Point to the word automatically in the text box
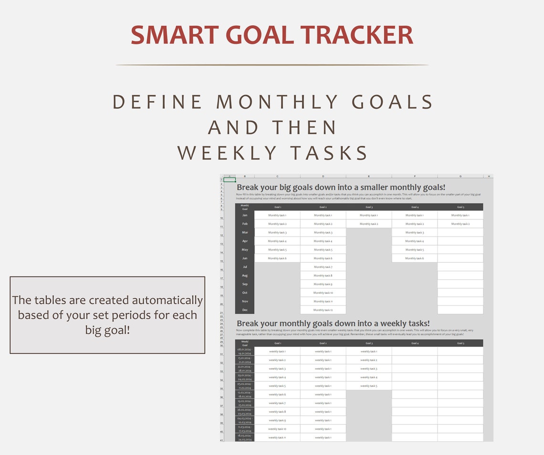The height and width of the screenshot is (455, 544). click(167, 300)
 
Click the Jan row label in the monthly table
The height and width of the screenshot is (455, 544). click(245, 215)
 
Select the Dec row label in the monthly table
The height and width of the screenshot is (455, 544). click(245, 310)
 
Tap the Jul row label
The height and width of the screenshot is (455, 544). click(245, 267)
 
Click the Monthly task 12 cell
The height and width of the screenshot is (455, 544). click(323, 310)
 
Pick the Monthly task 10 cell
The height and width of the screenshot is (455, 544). click(323, 293)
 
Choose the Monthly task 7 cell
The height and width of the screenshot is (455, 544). click(323, 267)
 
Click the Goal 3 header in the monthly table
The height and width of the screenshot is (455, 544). click(369, 207)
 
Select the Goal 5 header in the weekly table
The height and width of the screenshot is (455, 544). click(460, 343)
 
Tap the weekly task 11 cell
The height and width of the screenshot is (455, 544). click(277, 437)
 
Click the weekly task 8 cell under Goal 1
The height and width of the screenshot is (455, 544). click(277, 412)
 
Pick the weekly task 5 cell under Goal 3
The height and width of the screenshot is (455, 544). click(369, 386)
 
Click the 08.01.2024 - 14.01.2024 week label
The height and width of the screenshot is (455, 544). click(245, 351)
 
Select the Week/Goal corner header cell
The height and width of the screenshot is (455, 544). click(245, 343)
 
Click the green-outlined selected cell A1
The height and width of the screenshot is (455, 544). click(230, 180)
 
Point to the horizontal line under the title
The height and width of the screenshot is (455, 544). click(272, 65)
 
